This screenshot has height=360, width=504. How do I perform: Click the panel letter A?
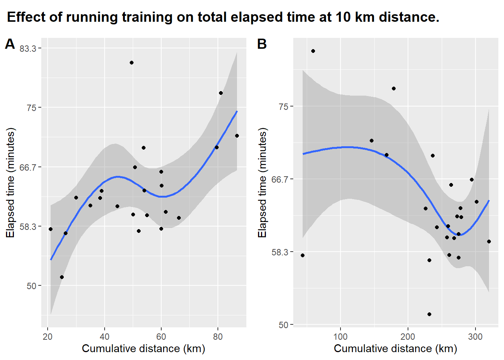tap(10, 44)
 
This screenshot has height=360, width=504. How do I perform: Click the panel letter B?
tap(262, 44)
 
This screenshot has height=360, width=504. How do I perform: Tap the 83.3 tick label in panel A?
tap(28, 48)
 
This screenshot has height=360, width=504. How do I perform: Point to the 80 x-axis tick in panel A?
tap(217, 336)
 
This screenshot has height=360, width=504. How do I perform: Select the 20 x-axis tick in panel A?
tap(48, 336)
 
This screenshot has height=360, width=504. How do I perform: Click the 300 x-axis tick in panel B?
tap(475, 336)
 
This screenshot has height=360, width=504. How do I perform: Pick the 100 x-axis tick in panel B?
tap(340, 336)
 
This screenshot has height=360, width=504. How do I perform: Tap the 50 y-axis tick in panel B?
tap(283, 325)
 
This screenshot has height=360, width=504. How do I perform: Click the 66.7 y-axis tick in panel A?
tap(28, 167)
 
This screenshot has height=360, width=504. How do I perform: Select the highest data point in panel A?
tap(132, 63)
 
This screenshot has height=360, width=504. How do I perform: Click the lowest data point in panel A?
tap(62, 277)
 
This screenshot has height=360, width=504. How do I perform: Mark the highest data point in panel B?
tap(313, 51)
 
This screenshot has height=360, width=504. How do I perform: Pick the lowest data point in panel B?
tap(429, 314)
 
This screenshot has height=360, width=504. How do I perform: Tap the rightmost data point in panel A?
tap(237, 136)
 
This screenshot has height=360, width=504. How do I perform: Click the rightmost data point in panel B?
tap(489, 241)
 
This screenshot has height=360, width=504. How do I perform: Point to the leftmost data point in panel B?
tap(303, 255)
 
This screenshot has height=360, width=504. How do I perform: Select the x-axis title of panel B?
tap(395, 349)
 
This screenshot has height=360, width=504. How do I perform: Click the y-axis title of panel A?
tap(10, 183)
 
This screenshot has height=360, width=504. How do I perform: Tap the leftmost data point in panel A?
tap(51, 229)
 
